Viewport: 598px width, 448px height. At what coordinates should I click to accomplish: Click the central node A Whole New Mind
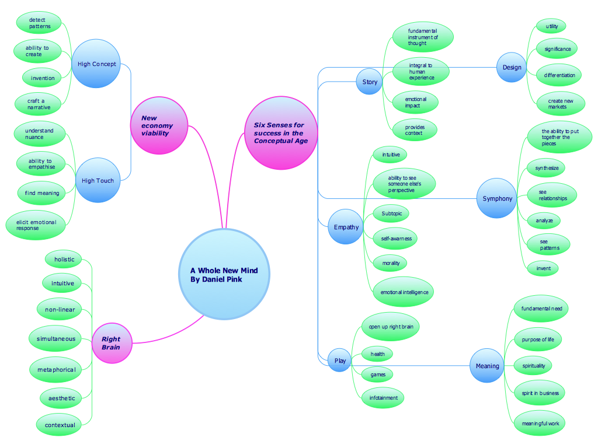click(x=224, y=275)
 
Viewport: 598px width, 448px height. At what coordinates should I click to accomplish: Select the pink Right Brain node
click(x=112, y=343)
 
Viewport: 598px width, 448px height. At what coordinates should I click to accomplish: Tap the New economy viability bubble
click(x=159, y=125)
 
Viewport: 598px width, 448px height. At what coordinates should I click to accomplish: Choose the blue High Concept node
click(x=96, y=64)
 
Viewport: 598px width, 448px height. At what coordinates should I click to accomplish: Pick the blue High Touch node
click(x=98, y=180)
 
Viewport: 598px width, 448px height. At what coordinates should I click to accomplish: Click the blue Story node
click(x=370, y=82)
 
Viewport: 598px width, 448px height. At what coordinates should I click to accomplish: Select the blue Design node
click(x=512, y=67)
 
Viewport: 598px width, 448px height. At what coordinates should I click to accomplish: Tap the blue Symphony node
click(x=497, y=198)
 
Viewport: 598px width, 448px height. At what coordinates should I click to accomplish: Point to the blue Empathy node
click(x=346, y=227)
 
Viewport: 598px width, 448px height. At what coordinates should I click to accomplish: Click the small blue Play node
click(x=340, y=360)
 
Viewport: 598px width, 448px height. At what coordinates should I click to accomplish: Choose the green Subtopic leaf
click(x=391, y=213)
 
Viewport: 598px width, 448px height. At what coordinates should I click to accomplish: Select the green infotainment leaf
click(x=383, y=398)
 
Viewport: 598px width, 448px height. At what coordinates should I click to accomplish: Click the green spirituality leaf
click(x=533, y=366)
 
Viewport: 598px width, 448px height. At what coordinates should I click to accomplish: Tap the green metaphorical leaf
click(x=56, y=369)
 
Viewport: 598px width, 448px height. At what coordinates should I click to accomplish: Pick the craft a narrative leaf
click(x=39, y=104)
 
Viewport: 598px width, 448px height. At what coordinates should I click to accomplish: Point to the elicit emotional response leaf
click(x=36, y=225)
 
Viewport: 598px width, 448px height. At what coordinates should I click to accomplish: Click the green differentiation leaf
click(x=559, y=75)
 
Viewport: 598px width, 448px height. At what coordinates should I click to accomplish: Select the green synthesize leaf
click(x=547, y=168)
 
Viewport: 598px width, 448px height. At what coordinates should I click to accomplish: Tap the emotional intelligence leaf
click(x=404, y=292)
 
